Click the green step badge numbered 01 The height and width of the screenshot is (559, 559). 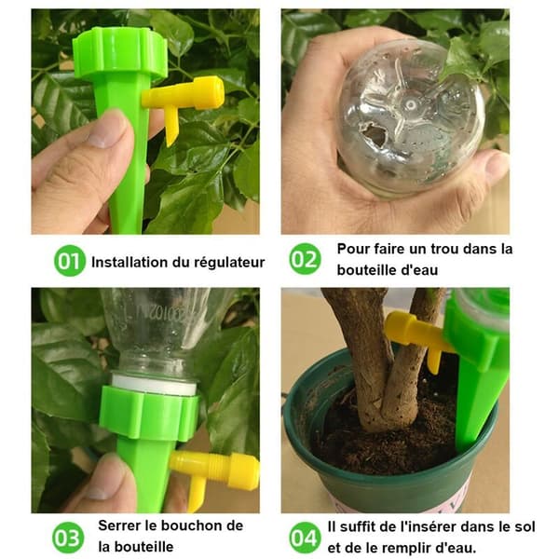coord(70,261)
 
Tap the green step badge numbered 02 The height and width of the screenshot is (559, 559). coord(305,259)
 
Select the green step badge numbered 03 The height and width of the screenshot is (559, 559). coord(68,538)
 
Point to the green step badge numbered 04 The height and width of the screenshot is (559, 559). coord(304,538)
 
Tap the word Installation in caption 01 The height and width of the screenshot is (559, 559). coord(130,262)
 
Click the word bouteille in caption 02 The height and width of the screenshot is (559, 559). coord(366,270)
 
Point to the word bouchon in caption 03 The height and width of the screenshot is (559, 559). coord(188,525)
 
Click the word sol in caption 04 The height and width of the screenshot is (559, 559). coord(524,526)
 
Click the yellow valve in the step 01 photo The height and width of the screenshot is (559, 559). coord(183,103)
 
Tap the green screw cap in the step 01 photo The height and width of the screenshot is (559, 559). coord(120,52)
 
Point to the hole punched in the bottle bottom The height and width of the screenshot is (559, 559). coord(374,135)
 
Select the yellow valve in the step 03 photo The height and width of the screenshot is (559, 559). coord(214,472)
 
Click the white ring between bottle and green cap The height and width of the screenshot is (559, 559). coord(154,383)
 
